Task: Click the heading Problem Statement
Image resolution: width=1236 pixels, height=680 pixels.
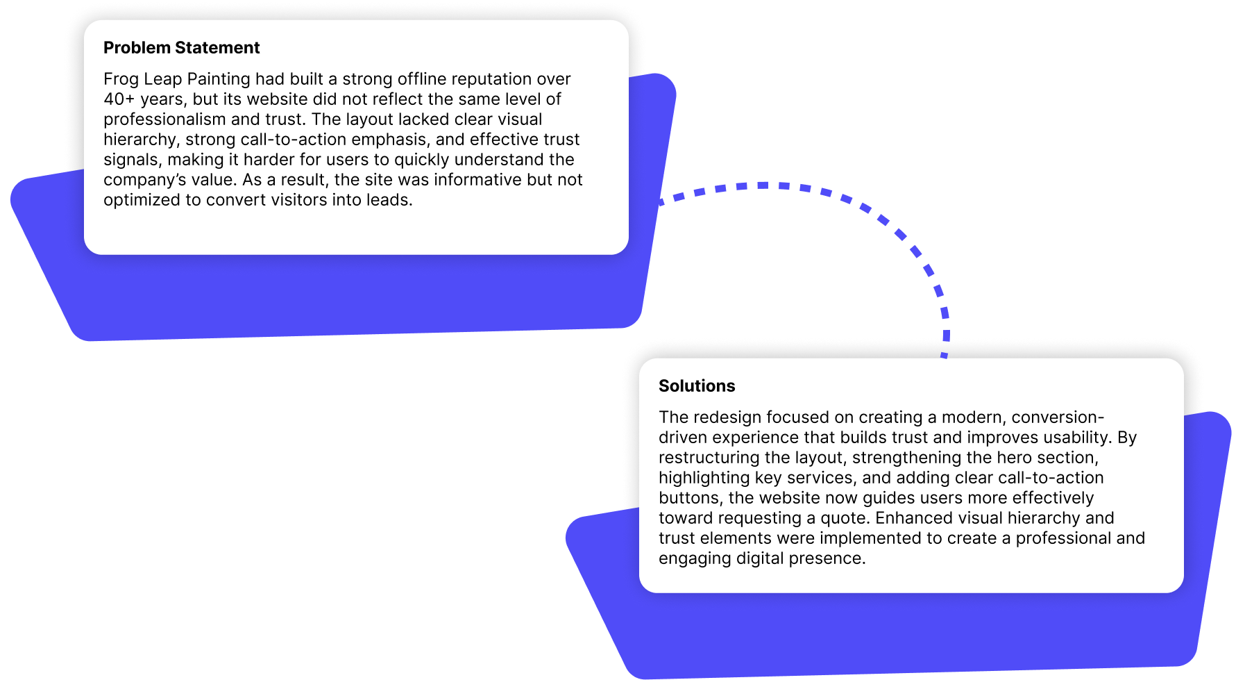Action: coord(181,48)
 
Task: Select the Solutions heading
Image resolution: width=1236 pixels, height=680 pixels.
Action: coord(696,386)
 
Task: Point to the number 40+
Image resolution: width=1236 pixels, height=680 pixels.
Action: coord(119,99)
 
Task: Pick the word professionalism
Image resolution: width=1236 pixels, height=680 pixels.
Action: coord(164,119)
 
